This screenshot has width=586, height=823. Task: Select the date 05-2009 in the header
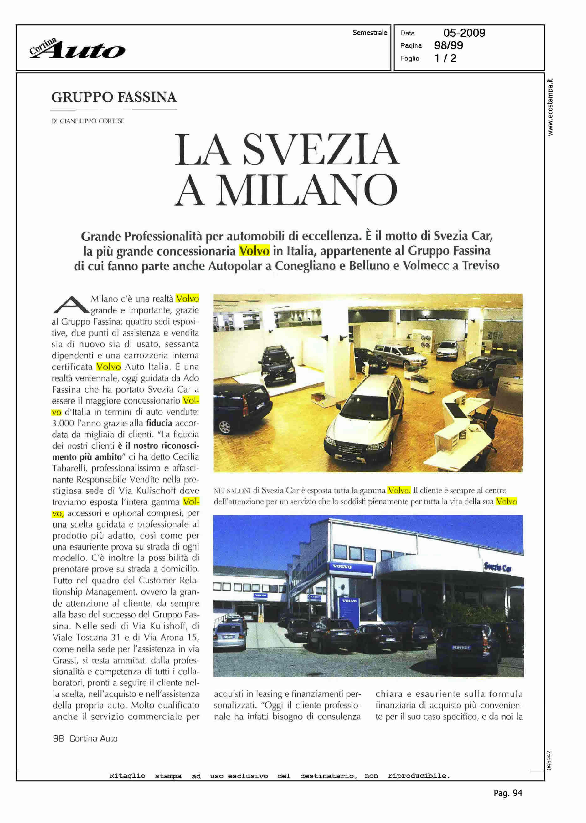464,33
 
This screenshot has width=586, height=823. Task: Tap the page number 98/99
449,45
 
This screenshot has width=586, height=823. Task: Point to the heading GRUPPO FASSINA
114,97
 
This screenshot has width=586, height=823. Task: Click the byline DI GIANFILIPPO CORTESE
88,121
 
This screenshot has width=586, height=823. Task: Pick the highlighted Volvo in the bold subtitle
254,251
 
